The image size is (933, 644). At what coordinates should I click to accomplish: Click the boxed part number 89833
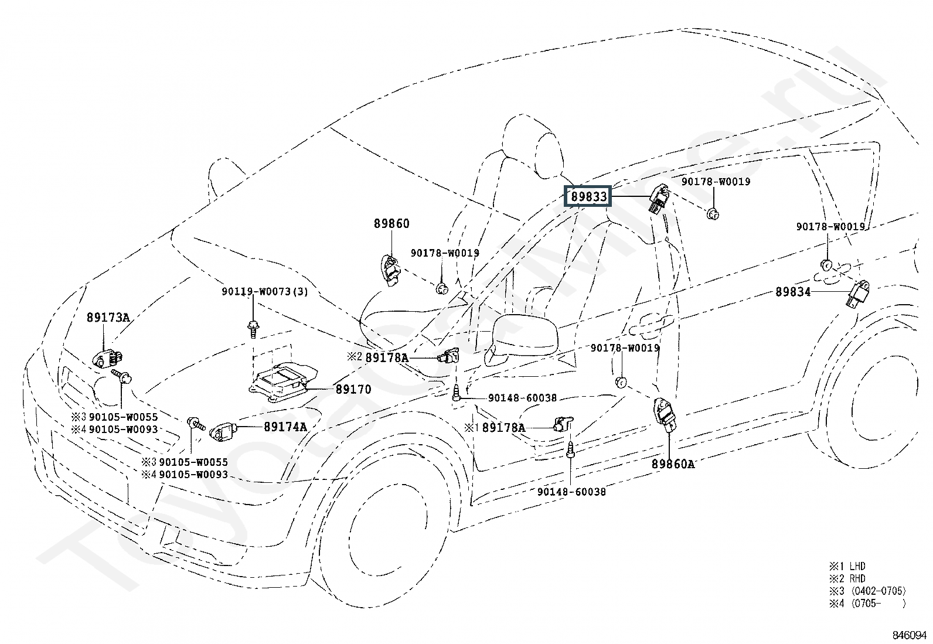point(588,196)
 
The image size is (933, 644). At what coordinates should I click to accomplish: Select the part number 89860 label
point(391,224)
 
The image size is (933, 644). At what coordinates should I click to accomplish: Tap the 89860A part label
point(673,464)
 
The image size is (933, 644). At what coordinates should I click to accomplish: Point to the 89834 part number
point(793,292)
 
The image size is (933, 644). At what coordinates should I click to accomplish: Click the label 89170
point(353,389)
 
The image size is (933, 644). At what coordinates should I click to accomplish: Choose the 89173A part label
point(108,318)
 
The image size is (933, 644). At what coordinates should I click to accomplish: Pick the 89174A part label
point(285,427)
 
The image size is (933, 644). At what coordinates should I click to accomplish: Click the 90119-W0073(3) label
point(265,292)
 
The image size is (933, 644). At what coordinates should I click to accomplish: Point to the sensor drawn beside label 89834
point(858,293)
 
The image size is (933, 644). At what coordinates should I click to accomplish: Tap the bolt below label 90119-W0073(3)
point(253,330)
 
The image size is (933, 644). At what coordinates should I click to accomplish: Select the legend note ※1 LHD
point(847,566)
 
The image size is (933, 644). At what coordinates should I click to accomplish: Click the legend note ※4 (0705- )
point(867,603)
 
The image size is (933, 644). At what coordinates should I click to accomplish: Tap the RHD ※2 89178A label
point(378,357)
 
